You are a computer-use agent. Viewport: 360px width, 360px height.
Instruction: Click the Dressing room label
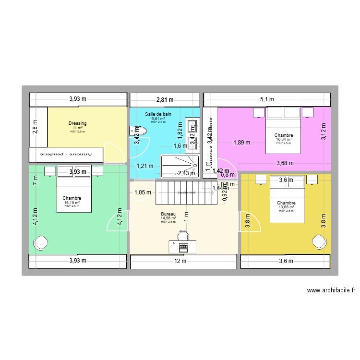78,123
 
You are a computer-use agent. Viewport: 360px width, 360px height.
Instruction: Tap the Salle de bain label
158,114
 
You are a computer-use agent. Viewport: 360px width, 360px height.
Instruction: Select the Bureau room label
168,214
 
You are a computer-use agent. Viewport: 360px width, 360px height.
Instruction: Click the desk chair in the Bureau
183,235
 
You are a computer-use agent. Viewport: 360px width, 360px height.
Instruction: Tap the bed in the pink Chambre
284,130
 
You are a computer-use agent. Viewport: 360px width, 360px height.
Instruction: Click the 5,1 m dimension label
267,100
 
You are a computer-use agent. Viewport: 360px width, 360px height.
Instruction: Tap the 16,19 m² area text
72,203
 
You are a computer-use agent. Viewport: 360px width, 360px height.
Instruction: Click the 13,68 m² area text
286,207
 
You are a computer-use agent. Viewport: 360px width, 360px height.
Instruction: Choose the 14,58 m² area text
168,218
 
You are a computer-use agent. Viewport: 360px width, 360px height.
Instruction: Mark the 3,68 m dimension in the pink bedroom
285,164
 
